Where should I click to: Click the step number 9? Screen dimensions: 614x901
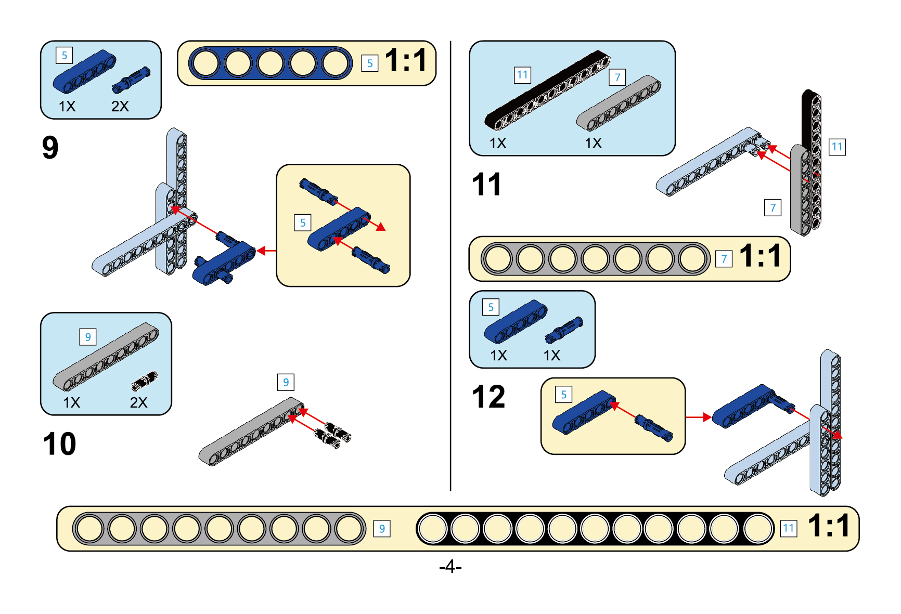click(50, 148)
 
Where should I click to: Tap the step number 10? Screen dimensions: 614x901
click(59, 444)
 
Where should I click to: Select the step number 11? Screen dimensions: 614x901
click(486, 185)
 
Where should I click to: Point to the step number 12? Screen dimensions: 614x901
click(488, 397)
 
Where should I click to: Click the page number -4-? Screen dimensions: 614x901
click(450, 566)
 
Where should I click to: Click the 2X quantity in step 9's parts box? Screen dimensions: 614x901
click(120, 107)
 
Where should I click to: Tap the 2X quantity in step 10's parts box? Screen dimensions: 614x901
click(138, 402)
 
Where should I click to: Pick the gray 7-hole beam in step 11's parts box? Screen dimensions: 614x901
click(619, 103)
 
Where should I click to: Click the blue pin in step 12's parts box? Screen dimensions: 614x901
click(564, 330)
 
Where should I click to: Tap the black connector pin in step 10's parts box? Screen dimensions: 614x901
click(144, 381)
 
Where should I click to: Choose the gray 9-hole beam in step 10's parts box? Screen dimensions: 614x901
click(106, 357)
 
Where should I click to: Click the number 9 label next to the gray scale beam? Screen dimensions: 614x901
click(382, 529)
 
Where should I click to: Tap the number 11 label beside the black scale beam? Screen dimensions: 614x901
click(789, 529)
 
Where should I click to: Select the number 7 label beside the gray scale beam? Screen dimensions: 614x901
click(724, 259)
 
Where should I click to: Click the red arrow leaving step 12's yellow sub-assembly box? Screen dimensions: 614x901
click(698, 417)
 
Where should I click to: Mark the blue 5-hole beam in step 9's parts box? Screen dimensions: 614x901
click(84, 71)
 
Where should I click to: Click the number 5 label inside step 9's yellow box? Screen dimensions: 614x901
click(303, 223)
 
